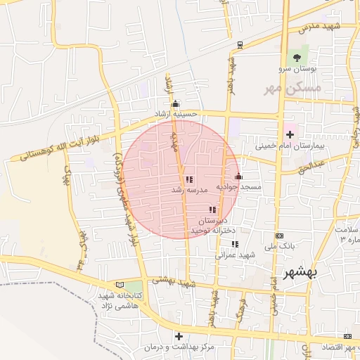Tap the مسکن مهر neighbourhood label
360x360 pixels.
292,89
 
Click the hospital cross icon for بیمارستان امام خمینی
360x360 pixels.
290,134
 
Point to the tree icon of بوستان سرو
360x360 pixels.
296,58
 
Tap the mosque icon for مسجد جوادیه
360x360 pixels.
238,176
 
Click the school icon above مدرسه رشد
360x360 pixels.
188,179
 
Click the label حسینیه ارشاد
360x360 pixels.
177,113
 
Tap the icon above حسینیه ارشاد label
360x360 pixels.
176,103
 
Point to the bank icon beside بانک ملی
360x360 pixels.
280,236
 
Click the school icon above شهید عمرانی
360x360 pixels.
235,244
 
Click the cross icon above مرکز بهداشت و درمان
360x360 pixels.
179,336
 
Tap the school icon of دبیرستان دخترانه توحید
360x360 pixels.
212,210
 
